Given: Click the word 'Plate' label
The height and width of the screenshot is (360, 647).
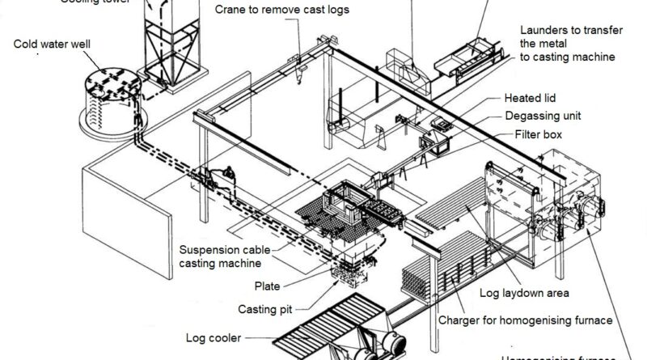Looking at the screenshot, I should (x=268, y=285).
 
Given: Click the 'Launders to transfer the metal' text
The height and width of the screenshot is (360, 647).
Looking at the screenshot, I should (x=569, y=36).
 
